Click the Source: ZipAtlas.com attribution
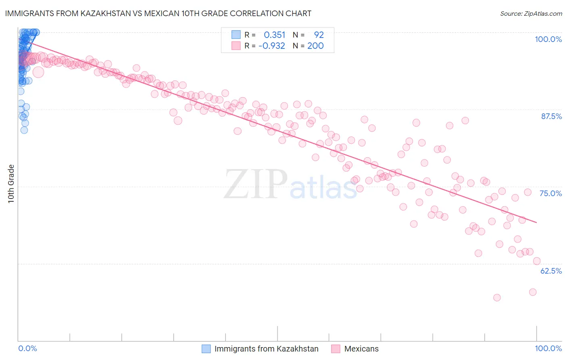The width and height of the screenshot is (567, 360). pos(531,13)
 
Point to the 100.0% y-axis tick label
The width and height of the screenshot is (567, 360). pos(548,39)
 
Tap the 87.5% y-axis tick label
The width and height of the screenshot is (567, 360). pos(551,116)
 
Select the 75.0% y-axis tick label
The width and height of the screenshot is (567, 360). pos(550,193)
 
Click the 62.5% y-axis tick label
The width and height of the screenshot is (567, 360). pos(551,271)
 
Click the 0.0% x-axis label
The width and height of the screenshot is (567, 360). pos(28,348)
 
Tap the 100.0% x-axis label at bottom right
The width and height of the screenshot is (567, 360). pos(548,348)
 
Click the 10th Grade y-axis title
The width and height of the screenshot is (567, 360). pos(11,184)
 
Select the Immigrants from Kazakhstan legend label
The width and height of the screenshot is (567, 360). pos(266,349)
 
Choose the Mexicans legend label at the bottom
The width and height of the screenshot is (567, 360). pos(361,349)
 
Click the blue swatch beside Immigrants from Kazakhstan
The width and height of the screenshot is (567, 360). pos(206,349)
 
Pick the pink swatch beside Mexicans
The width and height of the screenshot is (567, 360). pos(336,349)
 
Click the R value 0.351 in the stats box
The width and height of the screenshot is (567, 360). pos(274,35)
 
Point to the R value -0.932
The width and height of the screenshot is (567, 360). pos(271,46)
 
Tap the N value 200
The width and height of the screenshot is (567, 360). pos(315,46)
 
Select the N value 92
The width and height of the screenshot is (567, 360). pos(319,35)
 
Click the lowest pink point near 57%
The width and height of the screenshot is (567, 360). pos(497,297)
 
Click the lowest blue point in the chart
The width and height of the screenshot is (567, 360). pos(24,130)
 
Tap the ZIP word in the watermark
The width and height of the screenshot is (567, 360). pos(255,184)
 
